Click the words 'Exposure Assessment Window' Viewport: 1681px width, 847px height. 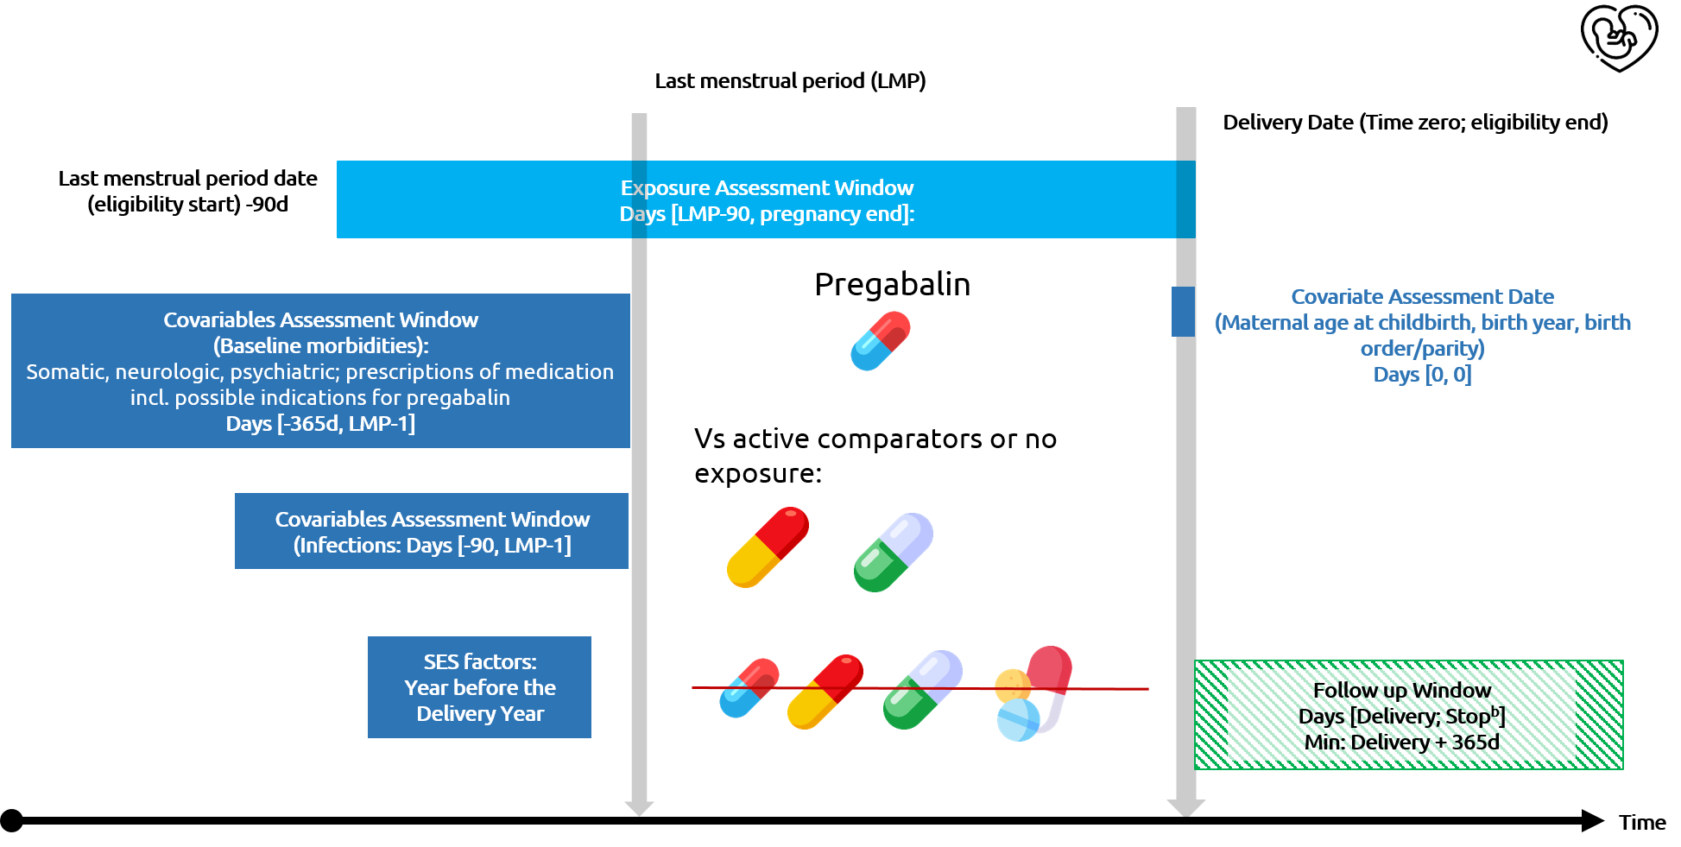[767, 188]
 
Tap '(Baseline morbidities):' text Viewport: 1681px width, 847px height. [320, 346]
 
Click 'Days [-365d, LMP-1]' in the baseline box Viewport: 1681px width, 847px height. [320, 424]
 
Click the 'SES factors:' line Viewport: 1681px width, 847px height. [479, 662]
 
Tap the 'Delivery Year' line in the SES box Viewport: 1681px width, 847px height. [479, 714]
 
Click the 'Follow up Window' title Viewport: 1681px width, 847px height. [1401, 691]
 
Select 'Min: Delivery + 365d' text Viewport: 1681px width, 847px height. [1401, 743]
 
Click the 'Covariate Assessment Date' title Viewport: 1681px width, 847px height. [1422, 297]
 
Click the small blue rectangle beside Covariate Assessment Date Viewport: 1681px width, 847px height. [1183, 312]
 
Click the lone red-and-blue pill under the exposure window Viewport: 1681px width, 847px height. [880, 341]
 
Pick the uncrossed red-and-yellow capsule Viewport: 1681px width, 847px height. [768, 547]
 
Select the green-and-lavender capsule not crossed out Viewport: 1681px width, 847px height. [893, 553]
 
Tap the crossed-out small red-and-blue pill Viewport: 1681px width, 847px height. [749, 688]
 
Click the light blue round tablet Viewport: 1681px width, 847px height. [1018, 720]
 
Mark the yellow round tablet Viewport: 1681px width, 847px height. [1011, 685]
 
